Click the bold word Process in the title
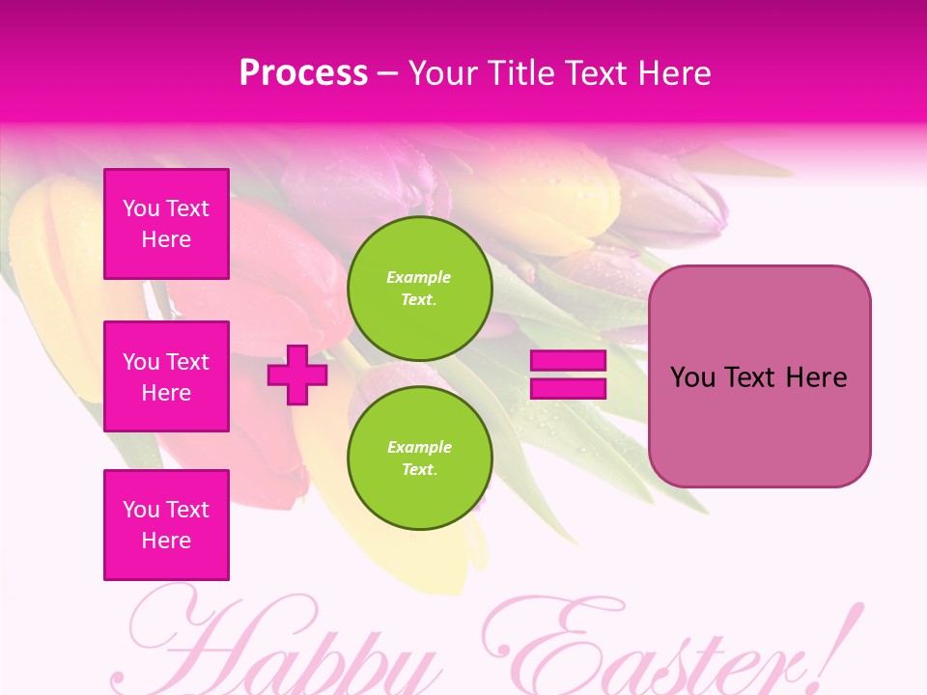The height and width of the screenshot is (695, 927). (x=303, y=73)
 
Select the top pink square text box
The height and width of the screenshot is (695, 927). (x=166, y=224)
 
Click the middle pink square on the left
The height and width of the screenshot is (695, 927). (x=166, y=376)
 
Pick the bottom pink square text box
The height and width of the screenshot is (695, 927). (x=166, y=524)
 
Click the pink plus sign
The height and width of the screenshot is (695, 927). (x=297, y=375)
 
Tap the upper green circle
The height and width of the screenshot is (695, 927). (x=419, y=288)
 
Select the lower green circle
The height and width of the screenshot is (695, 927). (x=419, y=458)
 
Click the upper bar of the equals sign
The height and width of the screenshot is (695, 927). (x=568, y=361)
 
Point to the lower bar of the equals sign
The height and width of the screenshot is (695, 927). (x=568, y=388)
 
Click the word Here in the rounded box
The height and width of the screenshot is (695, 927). (x=816, y=377)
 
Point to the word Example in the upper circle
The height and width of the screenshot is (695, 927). (x=419, y=277)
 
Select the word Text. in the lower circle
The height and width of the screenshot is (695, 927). (x=419, y=470)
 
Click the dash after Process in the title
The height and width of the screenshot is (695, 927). (x=388, y=73)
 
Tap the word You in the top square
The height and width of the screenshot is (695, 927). (x=141, y=208)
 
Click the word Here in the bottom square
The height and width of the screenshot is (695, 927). (x=166, y=541)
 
